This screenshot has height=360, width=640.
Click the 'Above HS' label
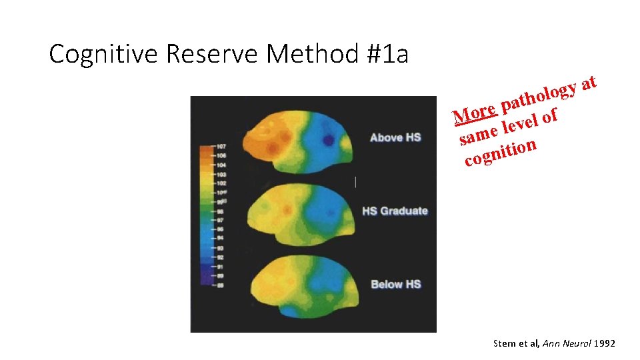(x=395, y=137)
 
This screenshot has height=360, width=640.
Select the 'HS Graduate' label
(x=395, y=211)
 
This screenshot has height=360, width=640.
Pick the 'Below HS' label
(x=395, y=284)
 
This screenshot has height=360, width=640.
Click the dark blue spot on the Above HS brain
(x=328, y=140)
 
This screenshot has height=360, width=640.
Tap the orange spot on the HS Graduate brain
(x=287, y=209)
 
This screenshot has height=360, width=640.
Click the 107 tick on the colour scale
(x=221, y=145)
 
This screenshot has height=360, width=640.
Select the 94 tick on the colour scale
(x=221, y=237)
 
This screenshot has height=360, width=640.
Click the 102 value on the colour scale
(x=221, y=182)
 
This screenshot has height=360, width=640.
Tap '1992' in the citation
(x=603, y=343)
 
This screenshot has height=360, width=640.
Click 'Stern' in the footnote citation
(x=505, y=343)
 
